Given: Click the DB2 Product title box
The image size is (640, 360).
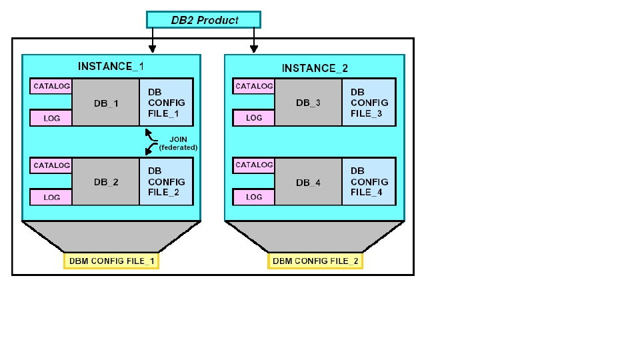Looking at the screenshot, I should [203, 20].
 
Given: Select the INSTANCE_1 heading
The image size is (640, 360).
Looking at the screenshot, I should [111, 67].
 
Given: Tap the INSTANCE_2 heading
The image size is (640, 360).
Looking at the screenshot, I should [315, 69].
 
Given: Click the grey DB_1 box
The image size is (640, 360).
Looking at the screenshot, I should [105, 103].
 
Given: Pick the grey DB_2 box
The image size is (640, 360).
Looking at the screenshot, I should [105, 182].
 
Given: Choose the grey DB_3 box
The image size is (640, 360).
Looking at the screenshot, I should [308, 103].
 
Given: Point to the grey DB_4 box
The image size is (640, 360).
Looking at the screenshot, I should [308, 182].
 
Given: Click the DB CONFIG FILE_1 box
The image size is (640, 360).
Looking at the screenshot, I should [166, 103].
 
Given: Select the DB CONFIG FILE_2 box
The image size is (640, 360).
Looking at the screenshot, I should [166, 181].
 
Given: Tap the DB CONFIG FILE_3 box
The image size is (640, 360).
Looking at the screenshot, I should [369, 103].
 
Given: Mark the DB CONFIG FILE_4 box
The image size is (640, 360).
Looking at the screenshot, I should [369, 181].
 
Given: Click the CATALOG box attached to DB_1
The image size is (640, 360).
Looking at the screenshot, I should [51, 86].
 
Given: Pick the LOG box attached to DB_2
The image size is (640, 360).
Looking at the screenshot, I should [51, 197].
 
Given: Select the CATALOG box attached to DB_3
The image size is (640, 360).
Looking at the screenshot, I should [254, 86].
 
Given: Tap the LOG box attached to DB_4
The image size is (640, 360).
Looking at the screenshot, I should [254, 197].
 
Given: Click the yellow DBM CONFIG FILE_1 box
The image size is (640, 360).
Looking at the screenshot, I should [111, 261].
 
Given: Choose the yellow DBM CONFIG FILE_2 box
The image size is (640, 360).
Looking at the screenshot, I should [315, 261].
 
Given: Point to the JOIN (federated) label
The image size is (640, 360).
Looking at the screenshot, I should [178, 143].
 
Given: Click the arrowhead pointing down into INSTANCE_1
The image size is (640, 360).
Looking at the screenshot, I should [153, 49].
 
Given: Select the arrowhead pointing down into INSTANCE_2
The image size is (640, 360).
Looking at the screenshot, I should [253, 49].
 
